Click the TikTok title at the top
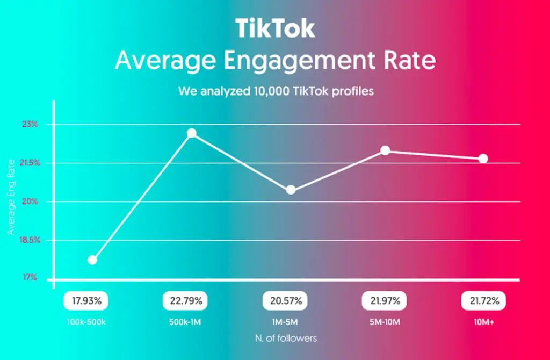[x=275, y=28]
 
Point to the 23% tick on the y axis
[x=30, y=124]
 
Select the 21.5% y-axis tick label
[x=27, y=163]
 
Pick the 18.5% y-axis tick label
[x=27, y=240]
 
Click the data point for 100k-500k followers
[x=92, y=260]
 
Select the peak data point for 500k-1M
[x=191, y=133]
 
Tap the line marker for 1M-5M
[x=291, y=190]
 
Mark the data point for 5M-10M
[x=385, y=150]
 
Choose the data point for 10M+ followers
[x=483, y=159]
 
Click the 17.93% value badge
[x=86, y=301]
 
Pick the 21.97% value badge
[x=385, y=301]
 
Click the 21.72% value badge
[x=484, y=301]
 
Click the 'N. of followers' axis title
[x=286, y=339]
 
